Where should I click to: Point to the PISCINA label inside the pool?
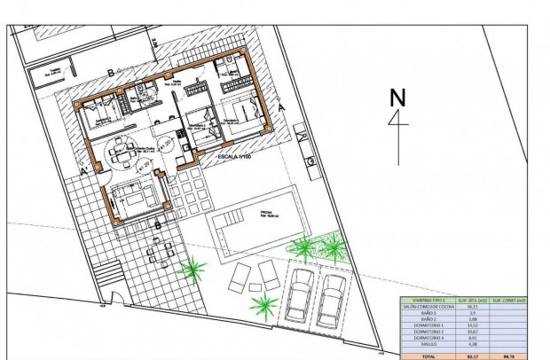click(267, 215)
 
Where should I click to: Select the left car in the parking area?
click(300, 292)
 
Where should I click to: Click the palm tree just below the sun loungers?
click(263, 307)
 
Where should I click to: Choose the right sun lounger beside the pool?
click(268, 274)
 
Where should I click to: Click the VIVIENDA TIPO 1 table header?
click(425, 301)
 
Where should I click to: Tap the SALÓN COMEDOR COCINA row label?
click(425, 308)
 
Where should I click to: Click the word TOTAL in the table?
click(425, 355)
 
